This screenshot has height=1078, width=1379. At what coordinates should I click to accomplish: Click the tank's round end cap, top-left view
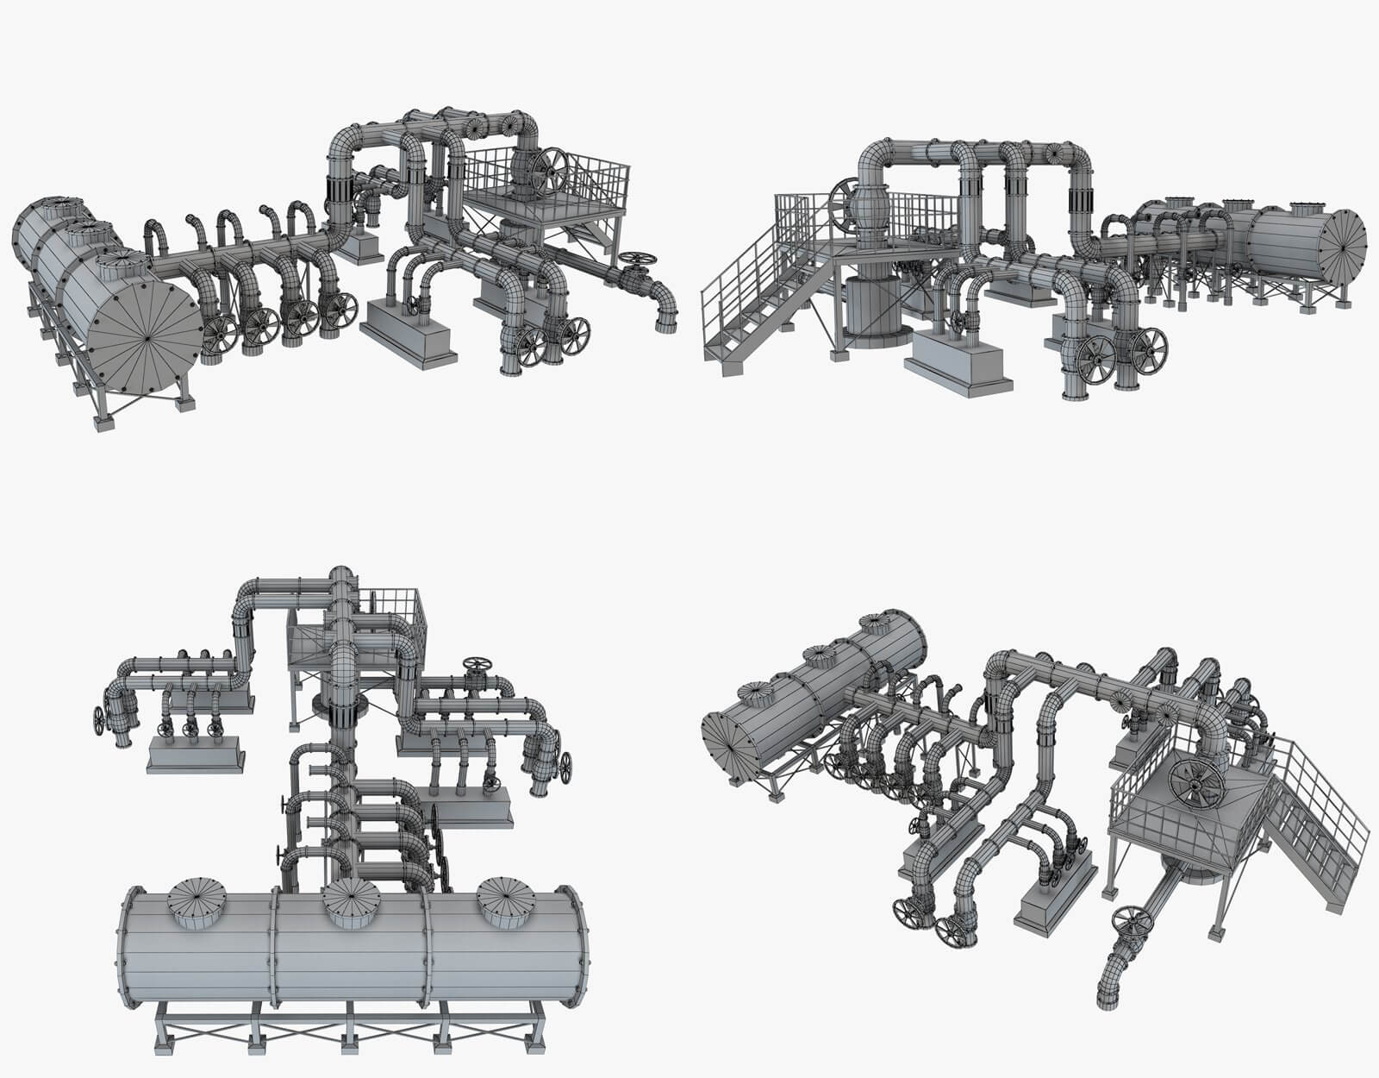point(147,342)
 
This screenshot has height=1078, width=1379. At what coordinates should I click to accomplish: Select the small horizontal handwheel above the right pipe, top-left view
point(638,258)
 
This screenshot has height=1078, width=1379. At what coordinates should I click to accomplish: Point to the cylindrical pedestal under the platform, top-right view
point(872,310)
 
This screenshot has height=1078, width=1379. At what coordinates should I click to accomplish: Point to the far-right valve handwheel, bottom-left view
point(566,766)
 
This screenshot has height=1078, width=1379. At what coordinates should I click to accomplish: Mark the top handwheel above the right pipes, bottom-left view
point(477,664)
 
